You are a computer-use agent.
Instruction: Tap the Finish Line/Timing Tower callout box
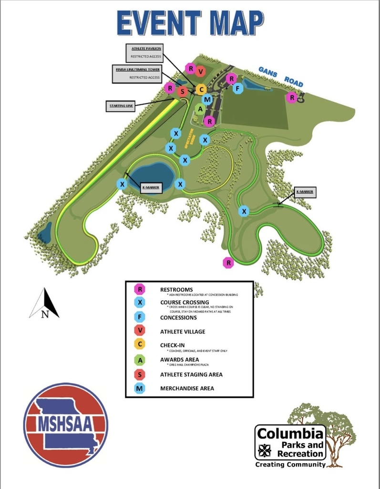coord(137,73)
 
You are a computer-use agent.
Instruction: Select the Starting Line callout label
coord(120,106)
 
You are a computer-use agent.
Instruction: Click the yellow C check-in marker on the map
coord(201,89)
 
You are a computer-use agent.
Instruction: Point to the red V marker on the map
coord(200,72)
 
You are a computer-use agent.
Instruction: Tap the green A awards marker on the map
coord(200,109)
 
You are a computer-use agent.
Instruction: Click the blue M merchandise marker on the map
coord(207,99)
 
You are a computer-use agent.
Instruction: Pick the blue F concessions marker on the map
coord(237,88)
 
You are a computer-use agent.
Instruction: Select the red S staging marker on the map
coord(182,91)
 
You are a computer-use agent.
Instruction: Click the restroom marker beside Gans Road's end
coord(291,97)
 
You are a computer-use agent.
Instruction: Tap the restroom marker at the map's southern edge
coord(229,262)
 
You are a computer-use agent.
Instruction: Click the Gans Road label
coord(281,76)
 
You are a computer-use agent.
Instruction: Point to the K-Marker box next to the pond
coord(150,187)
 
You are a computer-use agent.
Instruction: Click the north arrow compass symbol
coord(44,304)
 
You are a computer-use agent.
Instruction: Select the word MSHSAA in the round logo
coord(65,423)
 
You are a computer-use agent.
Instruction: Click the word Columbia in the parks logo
coord(290,434)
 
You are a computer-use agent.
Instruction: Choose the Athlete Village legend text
coord(183,331)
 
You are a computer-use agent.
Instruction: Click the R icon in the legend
coord(140,289)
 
